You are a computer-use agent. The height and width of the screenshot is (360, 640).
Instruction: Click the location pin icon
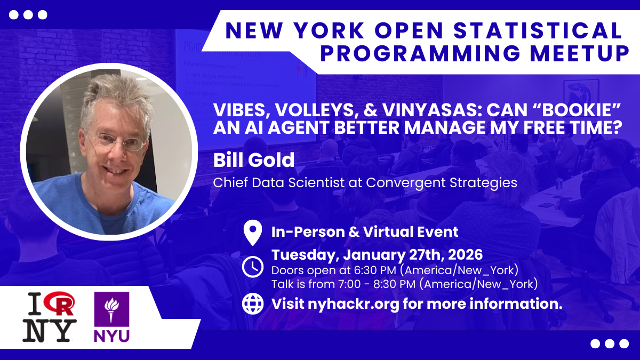click(x=253, y=233)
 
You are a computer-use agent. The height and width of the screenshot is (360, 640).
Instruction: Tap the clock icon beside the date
click(x=253, y=267)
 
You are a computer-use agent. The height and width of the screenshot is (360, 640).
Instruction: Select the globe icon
click(x=253, y=303)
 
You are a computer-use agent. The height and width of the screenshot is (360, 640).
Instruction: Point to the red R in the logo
click(x=61, y=303)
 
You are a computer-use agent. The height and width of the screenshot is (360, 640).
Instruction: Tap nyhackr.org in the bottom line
click(x=354, y=303)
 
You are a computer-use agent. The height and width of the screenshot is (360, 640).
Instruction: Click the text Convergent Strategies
click(x=442, y=182)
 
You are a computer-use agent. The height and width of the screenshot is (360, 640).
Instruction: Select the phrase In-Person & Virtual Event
click(x=365, y=231)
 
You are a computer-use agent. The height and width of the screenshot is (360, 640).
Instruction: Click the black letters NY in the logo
click(x=50, y=330)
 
